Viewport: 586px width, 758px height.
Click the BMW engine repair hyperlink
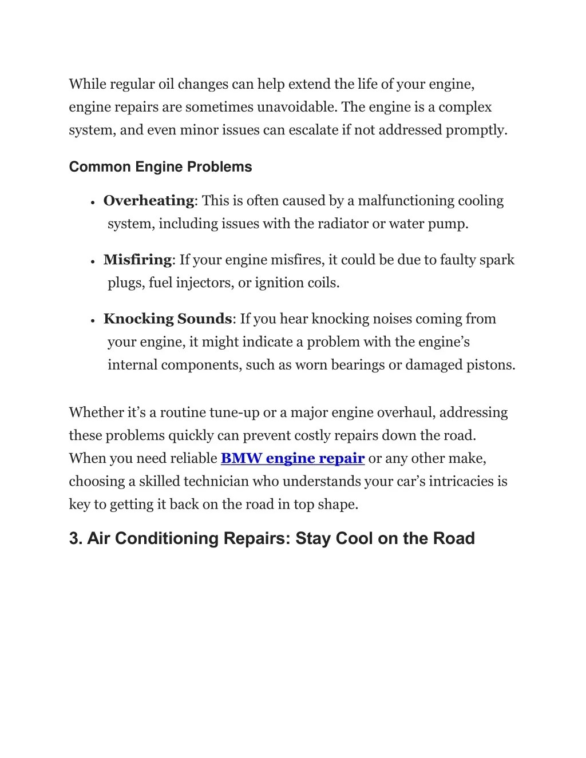click(292, 458)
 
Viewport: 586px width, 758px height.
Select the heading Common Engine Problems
click(160, 167)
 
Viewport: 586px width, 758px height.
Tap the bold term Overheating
click(148, 201)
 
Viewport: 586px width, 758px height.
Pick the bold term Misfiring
click(137, 260)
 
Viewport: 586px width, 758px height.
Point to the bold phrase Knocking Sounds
click(167, 319)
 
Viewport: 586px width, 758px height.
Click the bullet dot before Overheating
click(92, 202)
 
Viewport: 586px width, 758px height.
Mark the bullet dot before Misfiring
click(92, 261)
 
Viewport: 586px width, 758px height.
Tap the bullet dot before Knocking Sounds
click(92, 320)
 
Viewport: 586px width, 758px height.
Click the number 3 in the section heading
click(74, 538)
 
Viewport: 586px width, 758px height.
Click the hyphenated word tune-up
click(235, 412)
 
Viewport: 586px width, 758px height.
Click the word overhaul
click(406, 412)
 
